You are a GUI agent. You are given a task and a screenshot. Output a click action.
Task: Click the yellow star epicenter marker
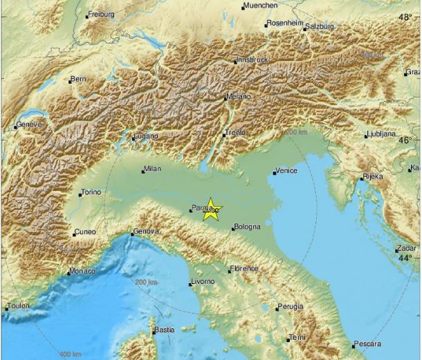211,210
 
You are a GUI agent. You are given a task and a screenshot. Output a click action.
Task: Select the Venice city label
286,170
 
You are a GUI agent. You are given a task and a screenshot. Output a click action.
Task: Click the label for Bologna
247,226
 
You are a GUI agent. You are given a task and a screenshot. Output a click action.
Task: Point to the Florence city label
244,269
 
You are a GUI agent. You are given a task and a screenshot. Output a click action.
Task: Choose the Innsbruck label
251,60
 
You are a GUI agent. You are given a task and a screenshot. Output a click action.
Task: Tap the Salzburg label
320,26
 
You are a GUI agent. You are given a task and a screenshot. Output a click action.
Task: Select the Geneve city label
30,124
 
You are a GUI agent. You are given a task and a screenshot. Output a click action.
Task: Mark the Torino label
91,192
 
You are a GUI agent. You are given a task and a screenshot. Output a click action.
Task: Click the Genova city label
147,231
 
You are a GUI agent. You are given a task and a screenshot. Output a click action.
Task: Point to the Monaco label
82,271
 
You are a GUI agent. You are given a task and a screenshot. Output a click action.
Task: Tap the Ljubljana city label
381,134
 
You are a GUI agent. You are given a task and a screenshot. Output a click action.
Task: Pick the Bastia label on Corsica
164,330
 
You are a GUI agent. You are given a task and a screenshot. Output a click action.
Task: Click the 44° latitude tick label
405,258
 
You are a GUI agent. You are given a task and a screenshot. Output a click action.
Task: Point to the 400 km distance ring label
71,355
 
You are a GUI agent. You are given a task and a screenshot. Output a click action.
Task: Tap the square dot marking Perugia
276,309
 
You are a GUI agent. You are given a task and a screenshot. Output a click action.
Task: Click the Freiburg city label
101,14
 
